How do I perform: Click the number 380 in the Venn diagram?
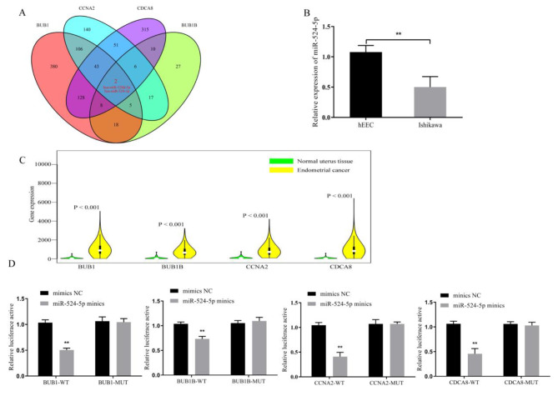pos(53,63)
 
